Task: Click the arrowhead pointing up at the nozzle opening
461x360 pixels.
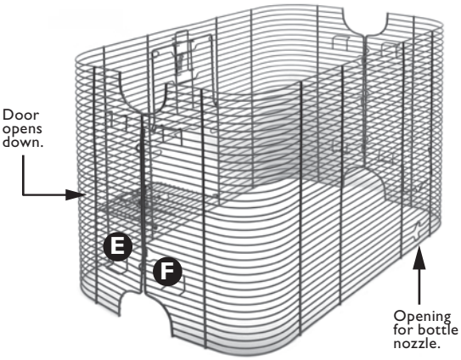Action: point(418,253)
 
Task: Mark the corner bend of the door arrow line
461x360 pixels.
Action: point(25,194)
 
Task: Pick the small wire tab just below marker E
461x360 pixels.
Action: point(118,266)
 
